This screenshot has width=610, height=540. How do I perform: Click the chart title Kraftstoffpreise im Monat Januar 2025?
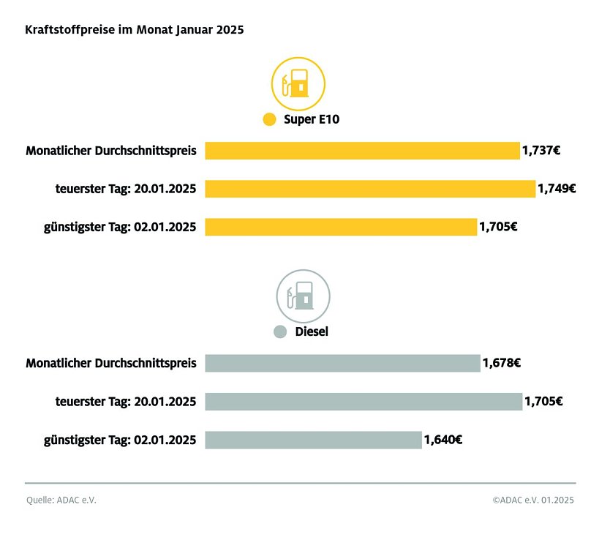coord(135,30)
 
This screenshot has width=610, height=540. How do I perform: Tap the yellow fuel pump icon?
coord(298,83)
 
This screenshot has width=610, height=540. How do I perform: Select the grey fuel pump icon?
coord(303,296)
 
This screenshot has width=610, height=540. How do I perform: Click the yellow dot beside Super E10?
coord(269,119)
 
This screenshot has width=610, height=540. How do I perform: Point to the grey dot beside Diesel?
coord(279,331)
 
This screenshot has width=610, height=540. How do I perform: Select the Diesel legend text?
coord(312,331)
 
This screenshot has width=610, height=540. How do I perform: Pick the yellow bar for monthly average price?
coord(362,151)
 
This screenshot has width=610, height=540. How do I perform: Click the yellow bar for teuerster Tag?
coord(370,189)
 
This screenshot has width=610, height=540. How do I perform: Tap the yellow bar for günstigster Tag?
coord(341,227)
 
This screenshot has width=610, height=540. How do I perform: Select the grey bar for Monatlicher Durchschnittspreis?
coord(342,363)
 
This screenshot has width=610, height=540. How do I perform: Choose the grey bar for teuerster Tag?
coord(364,401)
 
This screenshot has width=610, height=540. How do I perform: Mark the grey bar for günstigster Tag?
coord(313,440)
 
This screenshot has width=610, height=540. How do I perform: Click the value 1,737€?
coord(541,151)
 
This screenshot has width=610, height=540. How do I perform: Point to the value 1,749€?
coord(557,189)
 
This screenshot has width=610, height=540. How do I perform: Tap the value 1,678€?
coord(501,363)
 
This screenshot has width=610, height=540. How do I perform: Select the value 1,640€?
coord(443,440)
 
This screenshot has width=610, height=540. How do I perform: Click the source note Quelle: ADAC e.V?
coord(61,500)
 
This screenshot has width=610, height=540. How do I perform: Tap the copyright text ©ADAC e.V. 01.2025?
coord(533,500)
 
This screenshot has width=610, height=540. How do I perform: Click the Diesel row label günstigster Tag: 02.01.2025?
coord(120,440)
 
